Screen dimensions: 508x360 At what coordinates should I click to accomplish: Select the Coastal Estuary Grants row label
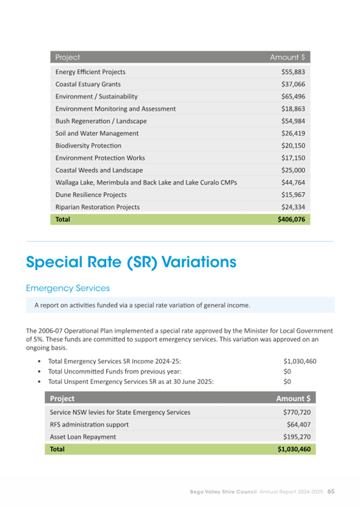click(x=88, y=84)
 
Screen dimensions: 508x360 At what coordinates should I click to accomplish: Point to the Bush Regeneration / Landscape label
click(x=101, y=121)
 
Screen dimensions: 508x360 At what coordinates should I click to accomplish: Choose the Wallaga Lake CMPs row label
click(x=146, y=182)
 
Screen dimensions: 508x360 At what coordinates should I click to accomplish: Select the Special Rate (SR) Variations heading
click(x=131, y=262)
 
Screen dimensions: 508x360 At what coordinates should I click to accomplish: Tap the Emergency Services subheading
click(x=68, y=288)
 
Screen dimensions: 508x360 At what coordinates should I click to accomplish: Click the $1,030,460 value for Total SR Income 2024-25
click(x=300, y=361)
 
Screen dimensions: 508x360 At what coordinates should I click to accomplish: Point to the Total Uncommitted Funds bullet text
click(x=115, y=371)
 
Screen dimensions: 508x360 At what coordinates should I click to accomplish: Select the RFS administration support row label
click(x=89, y=425)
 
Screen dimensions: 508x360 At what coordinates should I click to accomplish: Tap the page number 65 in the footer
click(x=331, y=491)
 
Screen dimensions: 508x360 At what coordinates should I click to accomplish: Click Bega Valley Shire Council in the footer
click(x=223, y=491)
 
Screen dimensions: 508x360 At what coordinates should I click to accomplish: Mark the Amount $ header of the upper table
click(x=287, y=58)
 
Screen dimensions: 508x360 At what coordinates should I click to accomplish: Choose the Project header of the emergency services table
click(x=62, y=399)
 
